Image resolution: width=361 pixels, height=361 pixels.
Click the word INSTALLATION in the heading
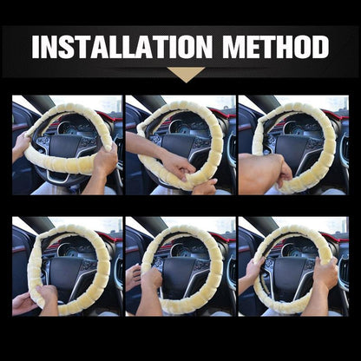[121, 47]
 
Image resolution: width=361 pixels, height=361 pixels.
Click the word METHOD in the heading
[276, 47]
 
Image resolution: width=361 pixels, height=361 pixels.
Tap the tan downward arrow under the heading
[186, 75]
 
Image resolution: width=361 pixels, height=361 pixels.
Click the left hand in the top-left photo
[20, 145]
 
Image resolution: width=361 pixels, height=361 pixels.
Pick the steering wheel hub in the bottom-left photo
[66, 267]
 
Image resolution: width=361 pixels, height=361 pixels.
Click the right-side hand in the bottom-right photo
[325, 273]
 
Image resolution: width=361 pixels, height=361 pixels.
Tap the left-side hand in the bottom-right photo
[254, 271]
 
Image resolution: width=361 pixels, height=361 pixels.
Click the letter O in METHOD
[301, 47]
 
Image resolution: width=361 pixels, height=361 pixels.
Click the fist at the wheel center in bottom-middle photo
[152, 279]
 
